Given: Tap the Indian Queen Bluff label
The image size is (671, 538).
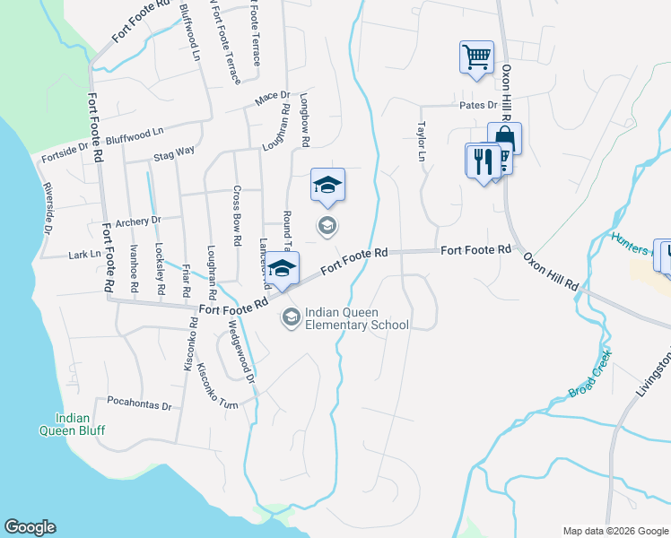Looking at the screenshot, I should click(x=80, y=424).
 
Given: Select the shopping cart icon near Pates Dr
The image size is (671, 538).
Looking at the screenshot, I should click(x=476, y=57).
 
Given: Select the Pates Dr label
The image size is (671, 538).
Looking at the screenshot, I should click(x=478, y=105).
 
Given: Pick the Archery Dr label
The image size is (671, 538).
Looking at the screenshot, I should click(x=137, y=220).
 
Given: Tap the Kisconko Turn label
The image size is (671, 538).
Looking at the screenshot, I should click(x=218, y=387).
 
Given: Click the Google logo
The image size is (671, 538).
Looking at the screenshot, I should click(x=30, y=527).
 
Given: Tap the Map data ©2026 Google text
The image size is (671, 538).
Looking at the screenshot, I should click(x=614, y=531).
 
